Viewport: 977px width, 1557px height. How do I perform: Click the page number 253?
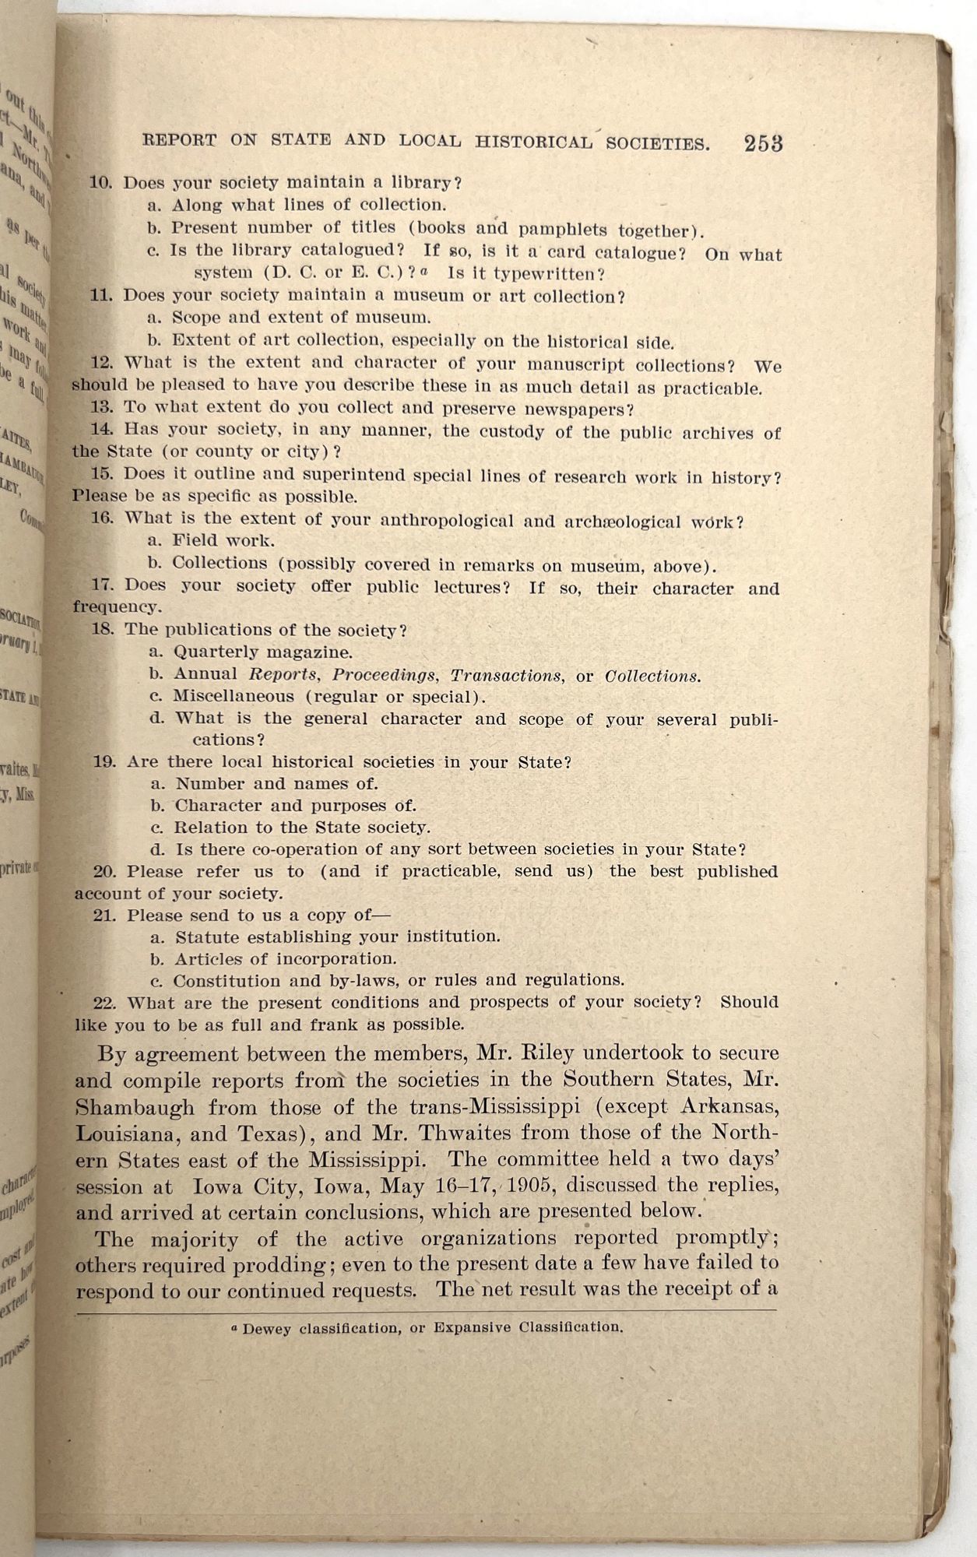pos(762,144)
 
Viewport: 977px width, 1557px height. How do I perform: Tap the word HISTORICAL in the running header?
pos(535,142)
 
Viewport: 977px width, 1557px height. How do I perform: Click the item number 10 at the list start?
pos(101,183)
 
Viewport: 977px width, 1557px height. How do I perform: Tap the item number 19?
pos(104,762)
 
